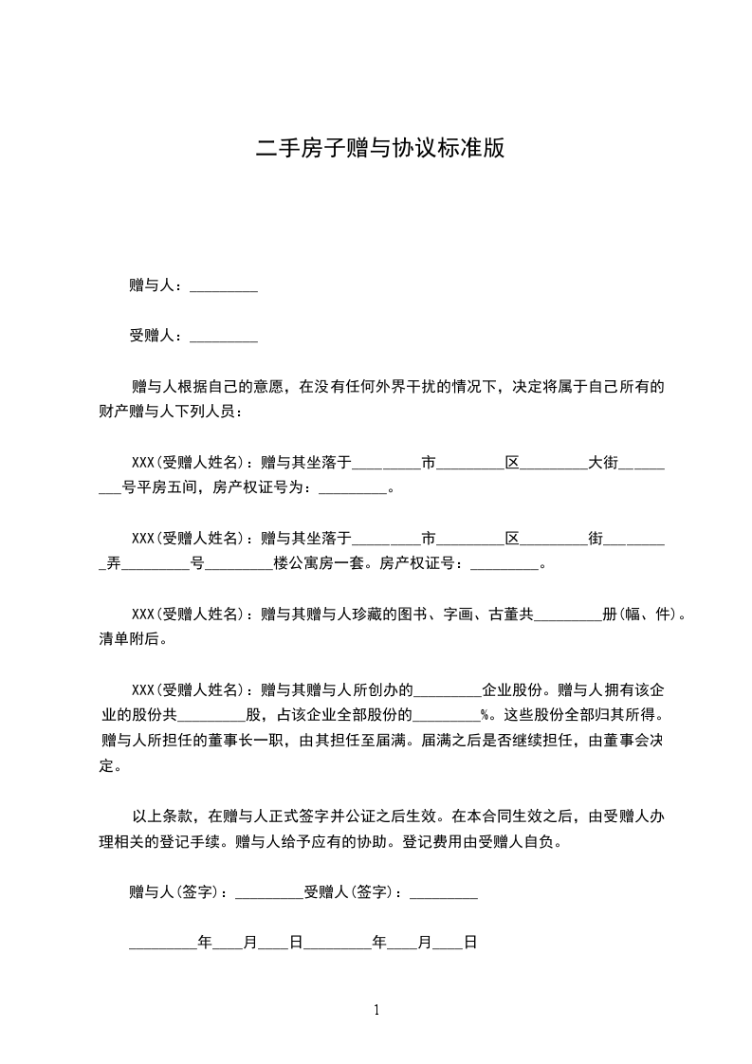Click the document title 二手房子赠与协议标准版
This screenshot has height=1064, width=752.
coord(379,149)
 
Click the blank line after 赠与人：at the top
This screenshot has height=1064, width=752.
coord(224,285)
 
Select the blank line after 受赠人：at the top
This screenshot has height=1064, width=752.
coord(224,336)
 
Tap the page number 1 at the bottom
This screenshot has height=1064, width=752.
coord(376,1010)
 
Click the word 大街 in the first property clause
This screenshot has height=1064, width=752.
coord(602,463)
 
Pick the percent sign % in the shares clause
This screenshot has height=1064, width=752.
coord(485,715)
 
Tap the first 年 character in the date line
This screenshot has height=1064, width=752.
coord(204,943)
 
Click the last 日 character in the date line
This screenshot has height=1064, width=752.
coord(469,943)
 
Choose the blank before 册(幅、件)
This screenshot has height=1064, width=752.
coord(568,615)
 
